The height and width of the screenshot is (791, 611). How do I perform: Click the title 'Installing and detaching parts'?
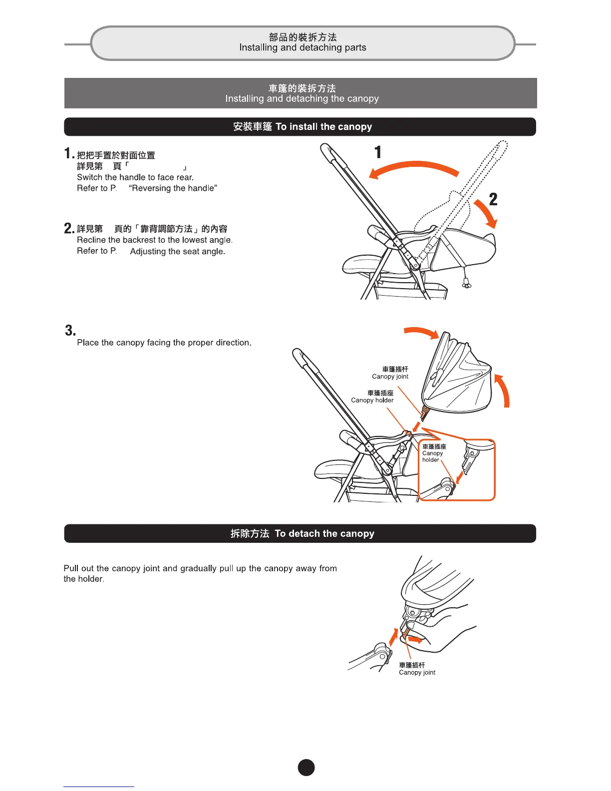coord(303,48)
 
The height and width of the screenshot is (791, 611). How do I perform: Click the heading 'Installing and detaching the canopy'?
coord(302,99)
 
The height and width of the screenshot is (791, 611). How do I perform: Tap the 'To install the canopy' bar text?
coord(323,127)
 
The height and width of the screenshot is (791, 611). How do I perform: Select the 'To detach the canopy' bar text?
coord(324,534)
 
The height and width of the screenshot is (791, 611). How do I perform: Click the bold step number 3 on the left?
coord(70,331)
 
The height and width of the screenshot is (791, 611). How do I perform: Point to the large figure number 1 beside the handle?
coord(378,152)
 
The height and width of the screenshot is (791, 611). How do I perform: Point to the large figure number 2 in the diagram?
coord(493,200)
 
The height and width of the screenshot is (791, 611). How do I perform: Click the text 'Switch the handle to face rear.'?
coord(135,177)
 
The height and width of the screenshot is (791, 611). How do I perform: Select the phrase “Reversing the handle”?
coord(173,188)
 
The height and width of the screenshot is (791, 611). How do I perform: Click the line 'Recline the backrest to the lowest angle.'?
coord(155,240)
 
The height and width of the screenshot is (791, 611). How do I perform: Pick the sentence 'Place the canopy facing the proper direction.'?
coord(164,343)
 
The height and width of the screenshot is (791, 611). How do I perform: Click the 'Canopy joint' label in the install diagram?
coord(390,377)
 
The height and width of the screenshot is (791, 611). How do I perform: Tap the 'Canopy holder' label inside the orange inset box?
coord(432,453)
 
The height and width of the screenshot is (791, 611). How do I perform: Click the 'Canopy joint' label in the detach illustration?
coord(417,673)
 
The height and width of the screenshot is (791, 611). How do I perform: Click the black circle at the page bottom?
coord(306,768)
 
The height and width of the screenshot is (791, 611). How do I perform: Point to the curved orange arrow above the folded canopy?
coord(422,333)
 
